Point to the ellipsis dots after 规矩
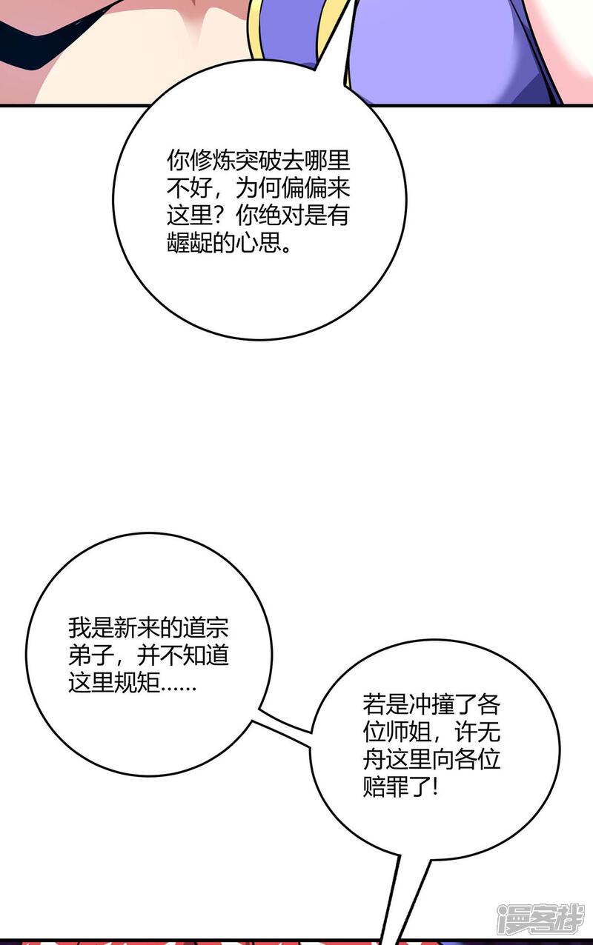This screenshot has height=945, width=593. tap(179, 687)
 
